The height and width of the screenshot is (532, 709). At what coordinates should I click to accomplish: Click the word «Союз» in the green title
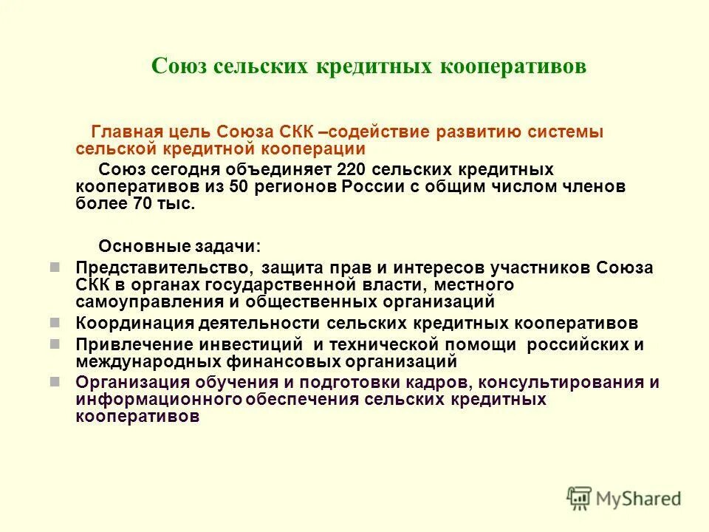pos(179,66)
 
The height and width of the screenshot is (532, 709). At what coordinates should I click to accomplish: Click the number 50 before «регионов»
pos(238,186)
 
